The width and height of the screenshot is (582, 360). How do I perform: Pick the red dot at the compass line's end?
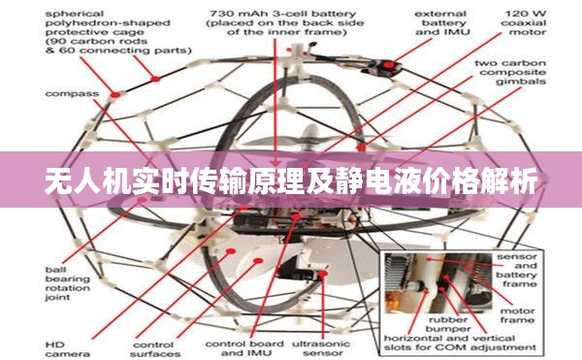(118, 93)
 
